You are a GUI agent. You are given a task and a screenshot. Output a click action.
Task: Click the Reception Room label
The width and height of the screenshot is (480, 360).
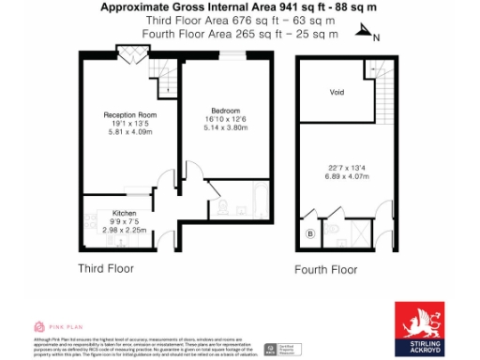tap(128, 115)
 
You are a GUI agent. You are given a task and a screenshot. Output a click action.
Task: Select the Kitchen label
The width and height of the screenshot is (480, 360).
tap(125, 212)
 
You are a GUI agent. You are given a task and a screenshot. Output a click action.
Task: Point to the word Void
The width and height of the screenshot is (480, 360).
tap(337, 93)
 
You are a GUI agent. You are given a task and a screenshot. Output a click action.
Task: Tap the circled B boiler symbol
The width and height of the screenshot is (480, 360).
tap(310, 232)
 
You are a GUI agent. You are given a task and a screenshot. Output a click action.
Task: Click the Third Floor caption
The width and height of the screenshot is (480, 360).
tap(105, 268)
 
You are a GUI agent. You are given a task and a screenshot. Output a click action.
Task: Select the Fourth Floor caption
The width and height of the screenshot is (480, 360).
tap(325, 271)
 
